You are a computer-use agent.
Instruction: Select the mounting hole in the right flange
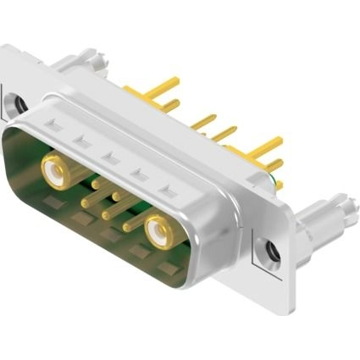(270, 252)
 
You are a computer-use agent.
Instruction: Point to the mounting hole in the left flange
(12, 105)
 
